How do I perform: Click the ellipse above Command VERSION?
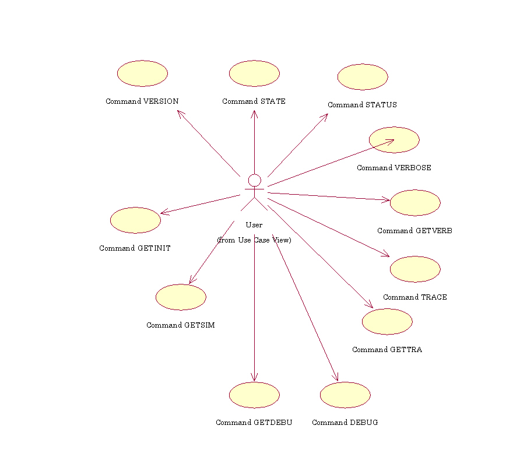142,73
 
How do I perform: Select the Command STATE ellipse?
254,73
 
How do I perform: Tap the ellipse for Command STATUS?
363,77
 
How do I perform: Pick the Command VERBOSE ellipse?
394,140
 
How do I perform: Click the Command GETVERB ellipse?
415,203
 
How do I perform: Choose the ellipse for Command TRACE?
415,269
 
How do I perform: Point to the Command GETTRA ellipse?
387,322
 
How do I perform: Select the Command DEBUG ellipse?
345,395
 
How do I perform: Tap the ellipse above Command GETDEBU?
254,395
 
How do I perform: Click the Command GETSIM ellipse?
181,297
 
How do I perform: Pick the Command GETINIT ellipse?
135,220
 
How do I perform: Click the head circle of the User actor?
254,180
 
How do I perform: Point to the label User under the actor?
254,224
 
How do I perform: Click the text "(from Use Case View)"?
254,240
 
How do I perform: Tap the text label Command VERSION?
142,101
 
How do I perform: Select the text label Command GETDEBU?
254,423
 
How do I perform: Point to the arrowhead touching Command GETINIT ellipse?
163,213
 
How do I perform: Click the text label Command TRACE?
415,297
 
